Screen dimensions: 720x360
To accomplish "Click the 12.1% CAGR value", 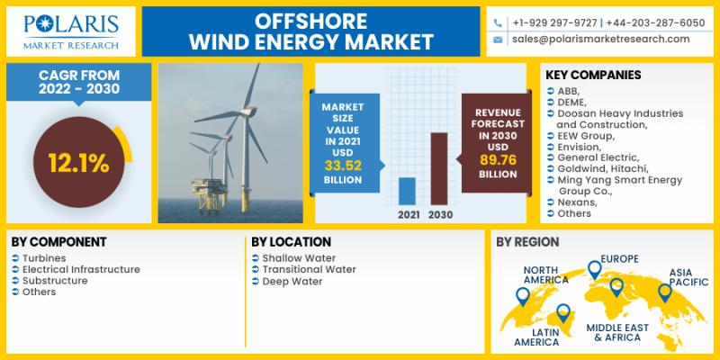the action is [78, 163].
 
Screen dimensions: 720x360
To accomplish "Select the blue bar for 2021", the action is [407, 191].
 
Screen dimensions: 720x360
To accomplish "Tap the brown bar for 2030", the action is [438, 168].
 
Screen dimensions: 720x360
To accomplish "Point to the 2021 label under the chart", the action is [409, 214].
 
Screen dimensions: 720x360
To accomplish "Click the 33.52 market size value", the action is [343, 166].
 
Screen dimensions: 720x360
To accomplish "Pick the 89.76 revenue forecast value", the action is [498, 160].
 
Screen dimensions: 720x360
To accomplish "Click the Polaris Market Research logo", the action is [71, 31].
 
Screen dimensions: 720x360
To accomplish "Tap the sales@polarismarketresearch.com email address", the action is [600, 39].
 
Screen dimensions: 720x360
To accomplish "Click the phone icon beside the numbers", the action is [498, 23].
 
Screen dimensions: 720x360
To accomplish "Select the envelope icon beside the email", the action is [498, 40].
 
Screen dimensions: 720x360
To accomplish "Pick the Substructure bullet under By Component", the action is [55, 281].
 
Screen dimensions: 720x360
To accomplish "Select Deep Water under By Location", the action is [292, 282].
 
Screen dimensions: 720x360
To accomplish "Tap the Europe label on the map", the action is [620, 259].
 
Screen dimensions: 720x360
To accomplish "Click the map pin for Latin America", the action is [563, 312].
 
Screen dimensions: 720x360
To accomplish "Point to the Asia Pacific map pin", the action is [664, 292].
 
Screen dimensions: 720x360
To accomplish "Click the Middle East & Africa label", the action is [617, 332].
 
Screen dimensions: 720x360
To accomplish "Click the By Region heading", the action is [527, 242].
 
